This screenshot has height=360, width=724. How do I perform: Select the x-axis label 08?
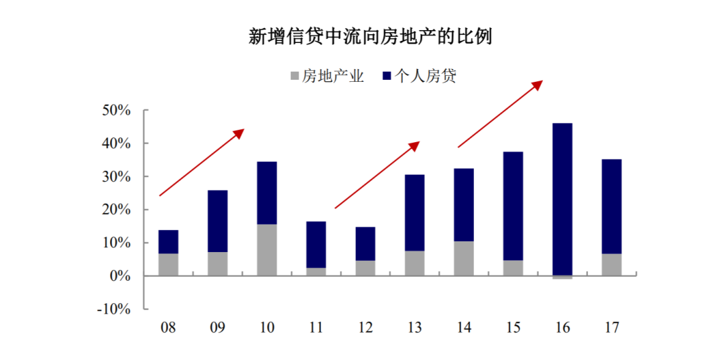pyautogui.click(x=168, y=327)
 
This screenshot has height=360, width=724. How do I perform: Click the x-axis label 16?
pyautogui.click(x=562, y=327)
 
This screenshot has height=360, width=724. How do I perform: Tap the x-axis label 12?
pyautogui.click(x=365, y=327)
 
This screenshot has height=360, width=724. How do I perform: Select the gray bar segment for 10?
pyautogui.click(x=267, y=250)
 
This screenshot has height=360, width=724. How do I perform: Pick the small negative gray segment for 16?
pyautogui.click(x=562, y=278)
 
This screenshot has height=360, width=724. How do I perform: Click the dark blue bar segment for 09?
pyautogui.click(x=217, y=221)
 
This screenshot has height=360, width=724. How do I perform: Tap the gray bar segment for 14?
pyautogui.click(x=464, y=258)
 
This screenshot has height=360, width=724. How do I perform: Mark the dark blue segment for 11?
pyautogui.click(x=316, y=245)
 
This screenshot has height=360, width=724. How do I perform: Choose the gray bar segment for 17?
pyautogui.click(x=611, y=264)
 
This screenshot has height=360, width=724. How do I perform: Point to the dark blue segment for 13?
pyautogui.click(x=414, y=213)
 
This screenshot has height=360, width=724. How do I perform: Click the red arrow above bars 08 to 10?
pyautogui.click(x=201, y=162)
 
